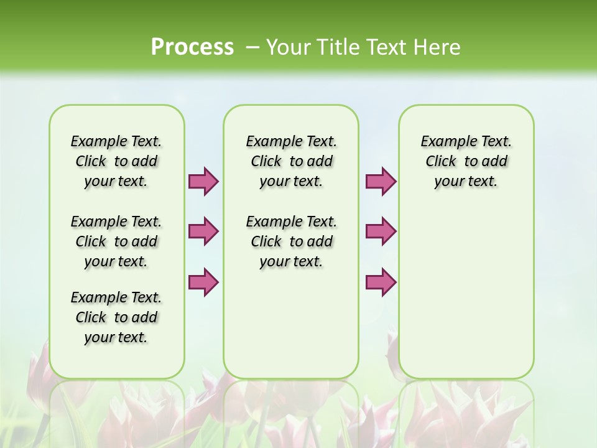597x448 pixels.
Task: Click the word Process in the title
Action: click(192, 47)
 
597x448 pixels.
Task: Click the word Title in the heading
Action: click(336, 47)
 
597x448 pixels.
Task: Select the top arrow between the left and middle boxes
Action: click(203, 182)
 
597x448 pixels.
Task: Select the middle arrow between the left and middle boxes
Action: click(203, 231)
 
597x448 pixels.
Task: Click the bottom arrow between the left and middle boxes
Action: click(203, 282)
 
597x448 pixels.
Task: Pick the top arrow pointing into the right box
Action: click(381, 182)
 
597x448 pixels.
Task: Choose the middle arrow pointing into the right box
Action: click(381, 231)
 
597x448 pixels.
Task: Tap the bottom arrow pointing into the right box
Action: click(381, 282)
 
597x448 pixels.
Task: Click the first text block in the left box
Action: click(116, 161)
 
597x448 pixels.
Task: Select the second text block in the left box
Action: click(116, 241)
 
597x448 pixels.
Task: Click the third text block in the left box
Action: click(116, 317)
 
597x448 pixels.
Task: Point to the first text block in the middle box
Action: click(291, 161)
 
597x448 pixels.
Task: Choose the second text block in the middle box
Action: click(291, 241)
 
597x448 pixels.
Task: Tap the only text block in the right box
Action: click(466, 161)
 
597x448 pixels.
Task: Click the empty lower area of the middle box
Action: click(291, 324)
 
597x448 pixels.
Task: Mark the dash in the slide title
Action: click(252, 47)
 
